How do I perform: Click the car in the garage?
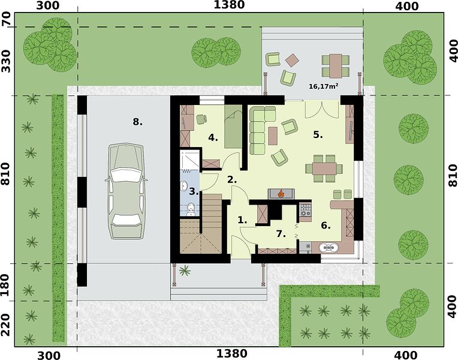tap(126, 191)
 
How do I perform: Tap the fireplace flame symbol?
tap(281, 193)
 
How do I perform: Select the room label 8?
tap(137, 121)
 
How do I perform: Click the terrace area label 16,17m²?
tap(324, 86)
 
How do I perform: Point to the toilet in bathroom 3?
tap(191, 209)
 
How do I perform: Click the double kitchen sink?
tap(329, 248)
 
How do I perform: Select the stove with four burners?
tap(306, 210)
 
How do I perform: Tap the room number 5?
tap(318, 134)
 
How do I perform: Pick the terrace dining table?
tap(336, 66)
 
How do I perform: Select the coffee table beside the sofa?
tap(273, 136)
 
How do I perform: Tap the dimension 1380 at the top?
tap(229, 5)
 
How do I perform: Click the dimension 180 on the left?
tap(5, 285)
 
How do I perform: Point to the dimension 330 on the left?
tap(6, 61)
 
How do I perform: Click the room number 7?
tap(281, 234)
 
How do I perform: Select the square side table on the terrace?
tap(292, 61)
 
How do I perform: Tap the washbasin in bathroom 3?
tap(184, 185)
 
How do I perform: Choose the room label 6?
tap(326, 226)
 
